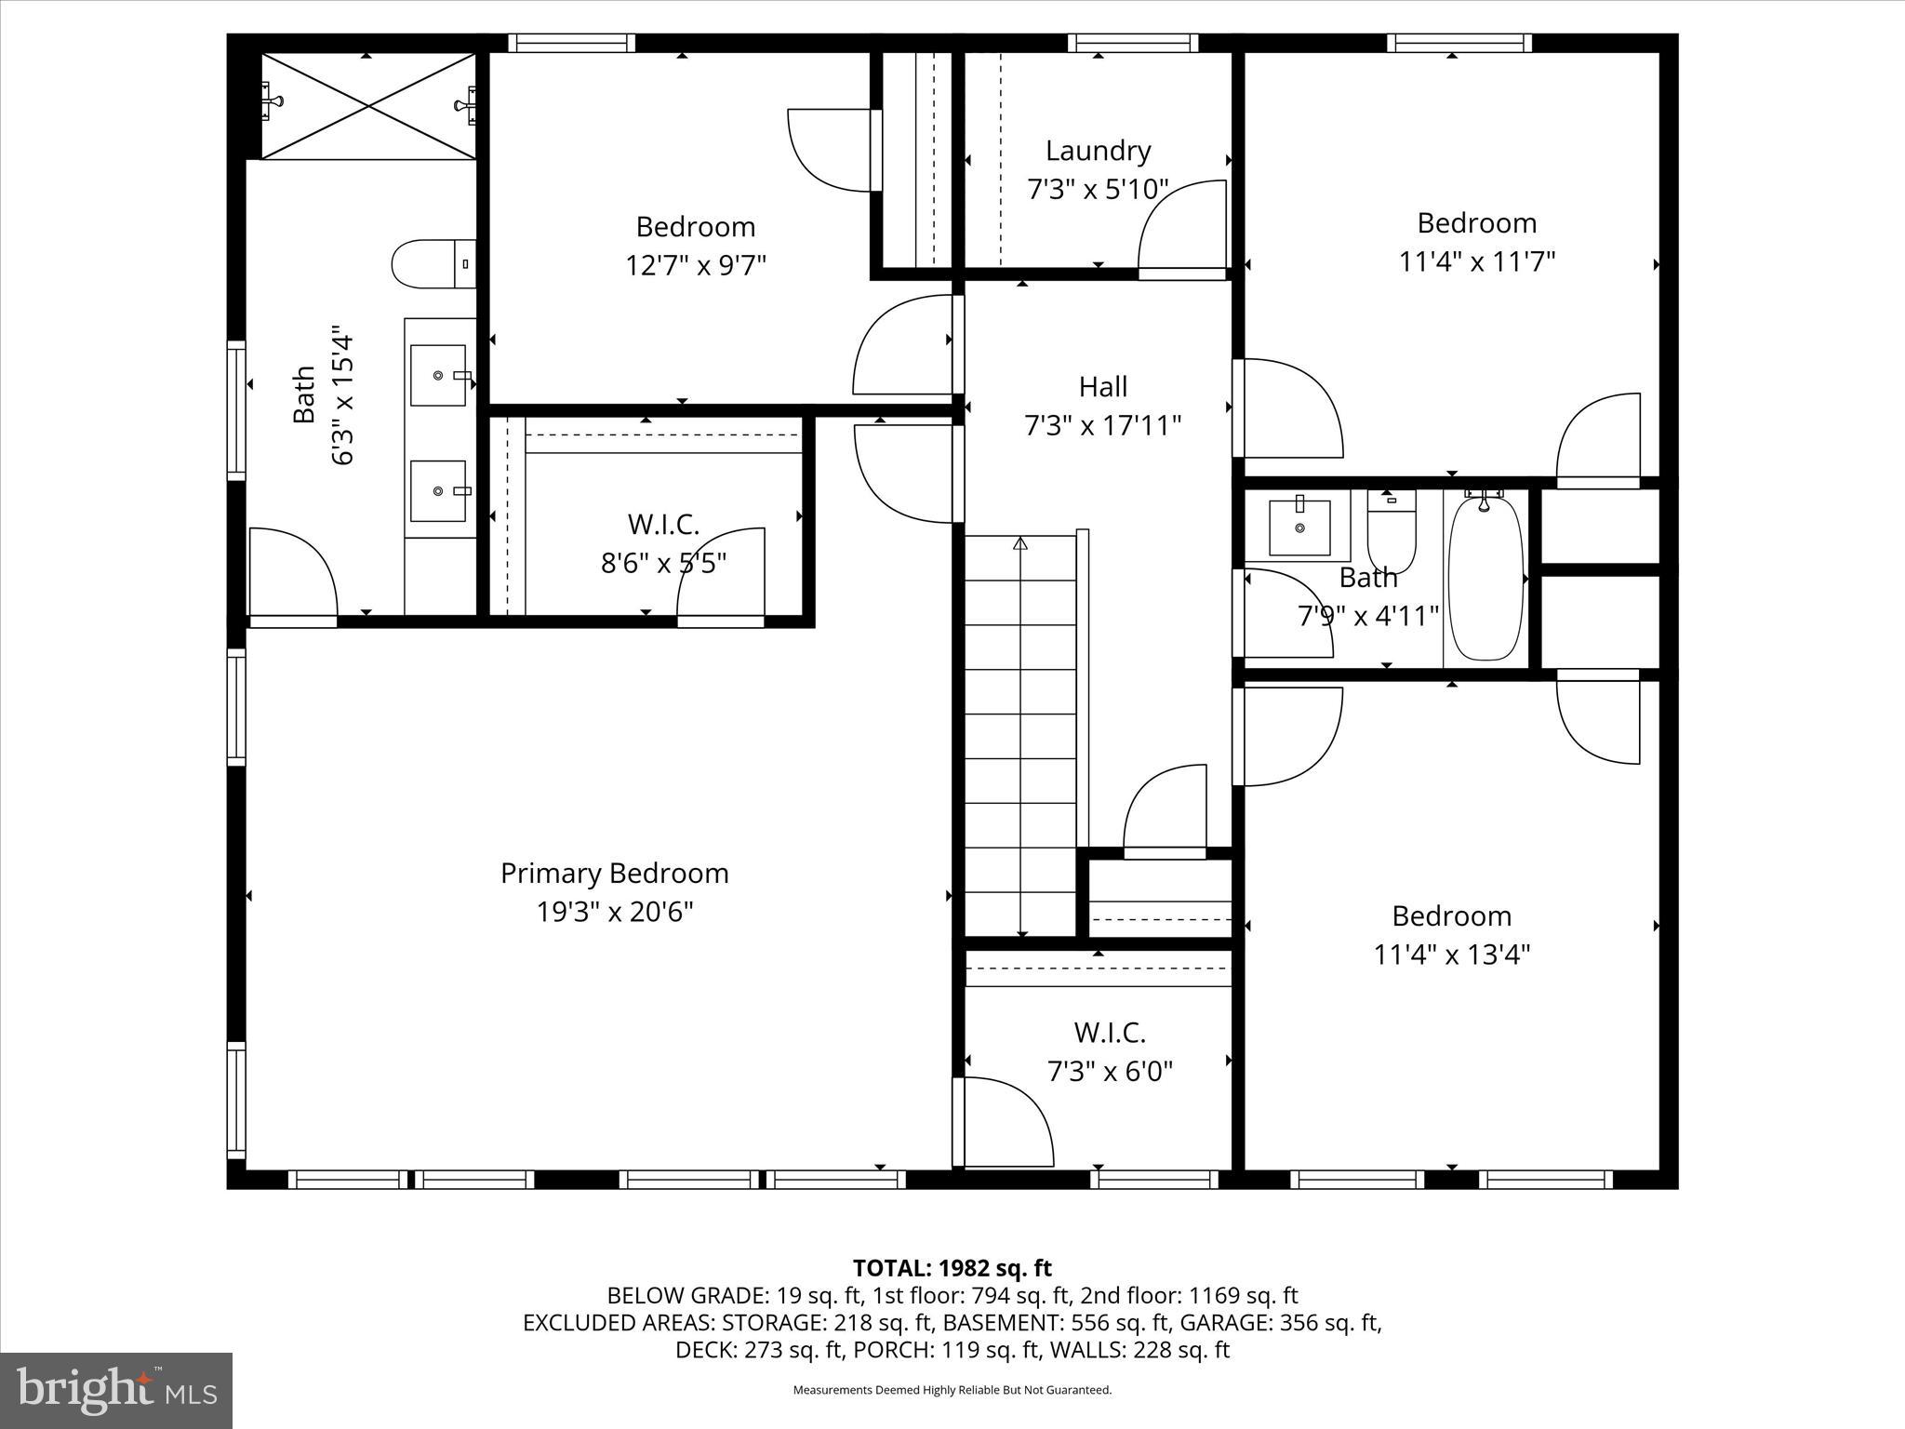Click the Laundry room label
[1098, 151]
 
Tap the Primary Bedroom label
[614, 874]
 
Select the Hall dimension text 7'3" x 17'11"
[1102, 426]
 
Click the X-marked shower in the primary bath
[368, 106]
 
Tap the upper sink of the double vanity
[438, 376]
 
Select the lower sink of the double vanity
[438, 491]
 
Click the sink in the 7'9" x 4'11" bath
[1299, 527]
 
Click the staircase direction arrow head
[1020, 542]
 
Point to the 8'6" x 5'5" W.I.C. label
[663, 525]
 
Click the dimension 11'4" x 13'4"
[1451, 955]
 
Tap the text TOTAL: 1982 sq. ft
[952, 1268]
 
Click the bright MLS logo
[115, 1390]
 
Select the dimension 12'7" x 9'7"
[695, 266]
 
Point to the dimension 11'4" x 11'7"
[1476, 262]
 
